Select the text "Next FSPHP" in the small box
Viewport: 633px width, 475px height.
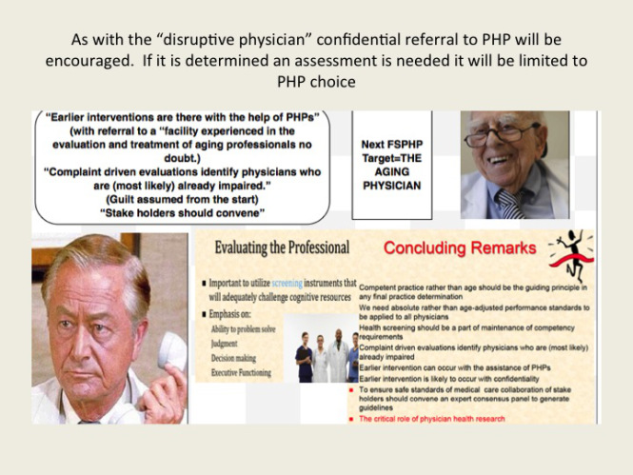393,144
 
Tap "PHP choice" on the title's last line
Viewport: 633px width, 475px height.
315,82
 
